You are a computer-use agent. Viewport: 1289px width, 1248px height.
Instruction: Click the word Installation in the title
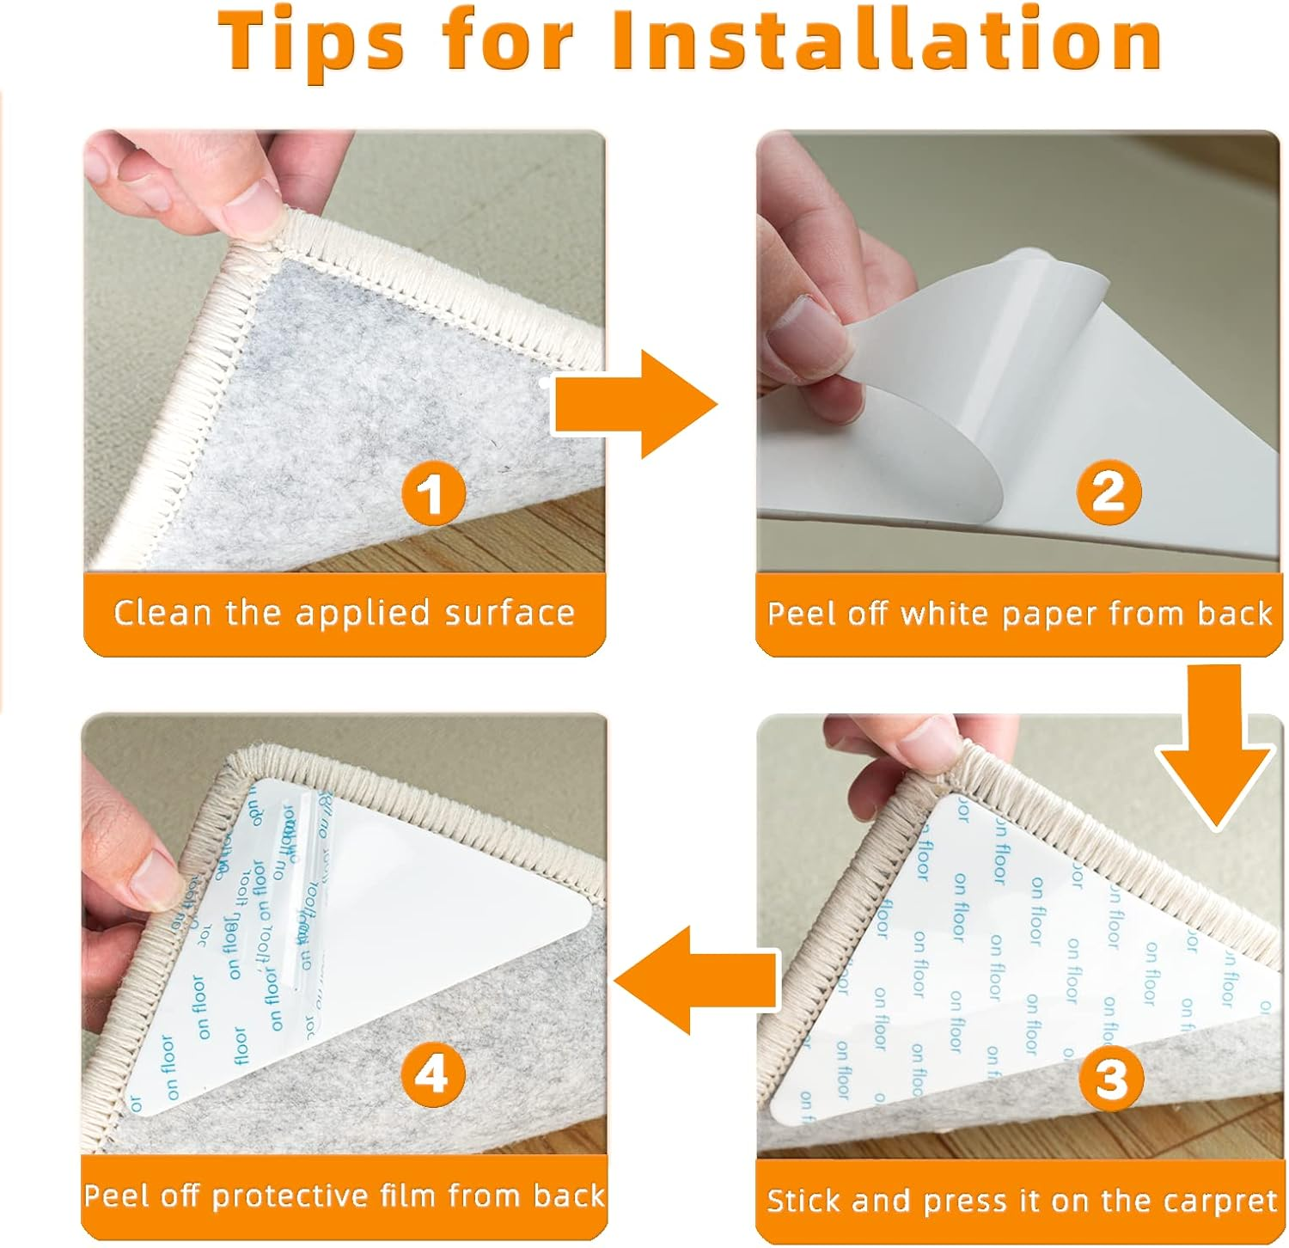(887, 40)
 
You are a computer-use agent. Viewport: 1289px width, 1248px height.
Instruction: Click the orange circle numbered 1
(434, 492)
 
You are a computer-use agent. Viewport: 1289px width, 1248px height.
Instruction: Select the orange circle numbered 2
(1109, 491)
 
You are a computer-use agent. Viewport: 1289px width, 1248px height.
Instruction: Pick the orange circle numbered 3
(1111, 1077)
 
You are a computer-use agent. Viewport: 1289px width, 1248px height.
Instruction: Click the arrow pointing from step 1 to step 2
(634, 404)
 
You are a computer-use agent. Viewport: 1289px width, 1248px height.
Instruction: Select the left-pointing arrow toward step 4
(697, 979)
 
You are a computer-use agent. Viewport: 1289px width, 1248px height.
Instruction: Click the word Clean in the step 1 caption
(162, 613)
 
